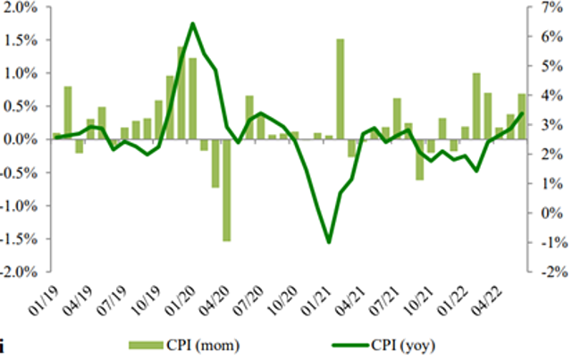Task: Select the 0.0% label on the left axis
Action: pyautogui.click(x=21, y=139)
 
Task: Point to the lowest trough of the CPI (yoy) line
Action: pyautogui.click(x=329, y=242)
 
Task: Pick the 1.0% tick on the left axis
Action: pyautogui.click(x=21, y=73)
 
